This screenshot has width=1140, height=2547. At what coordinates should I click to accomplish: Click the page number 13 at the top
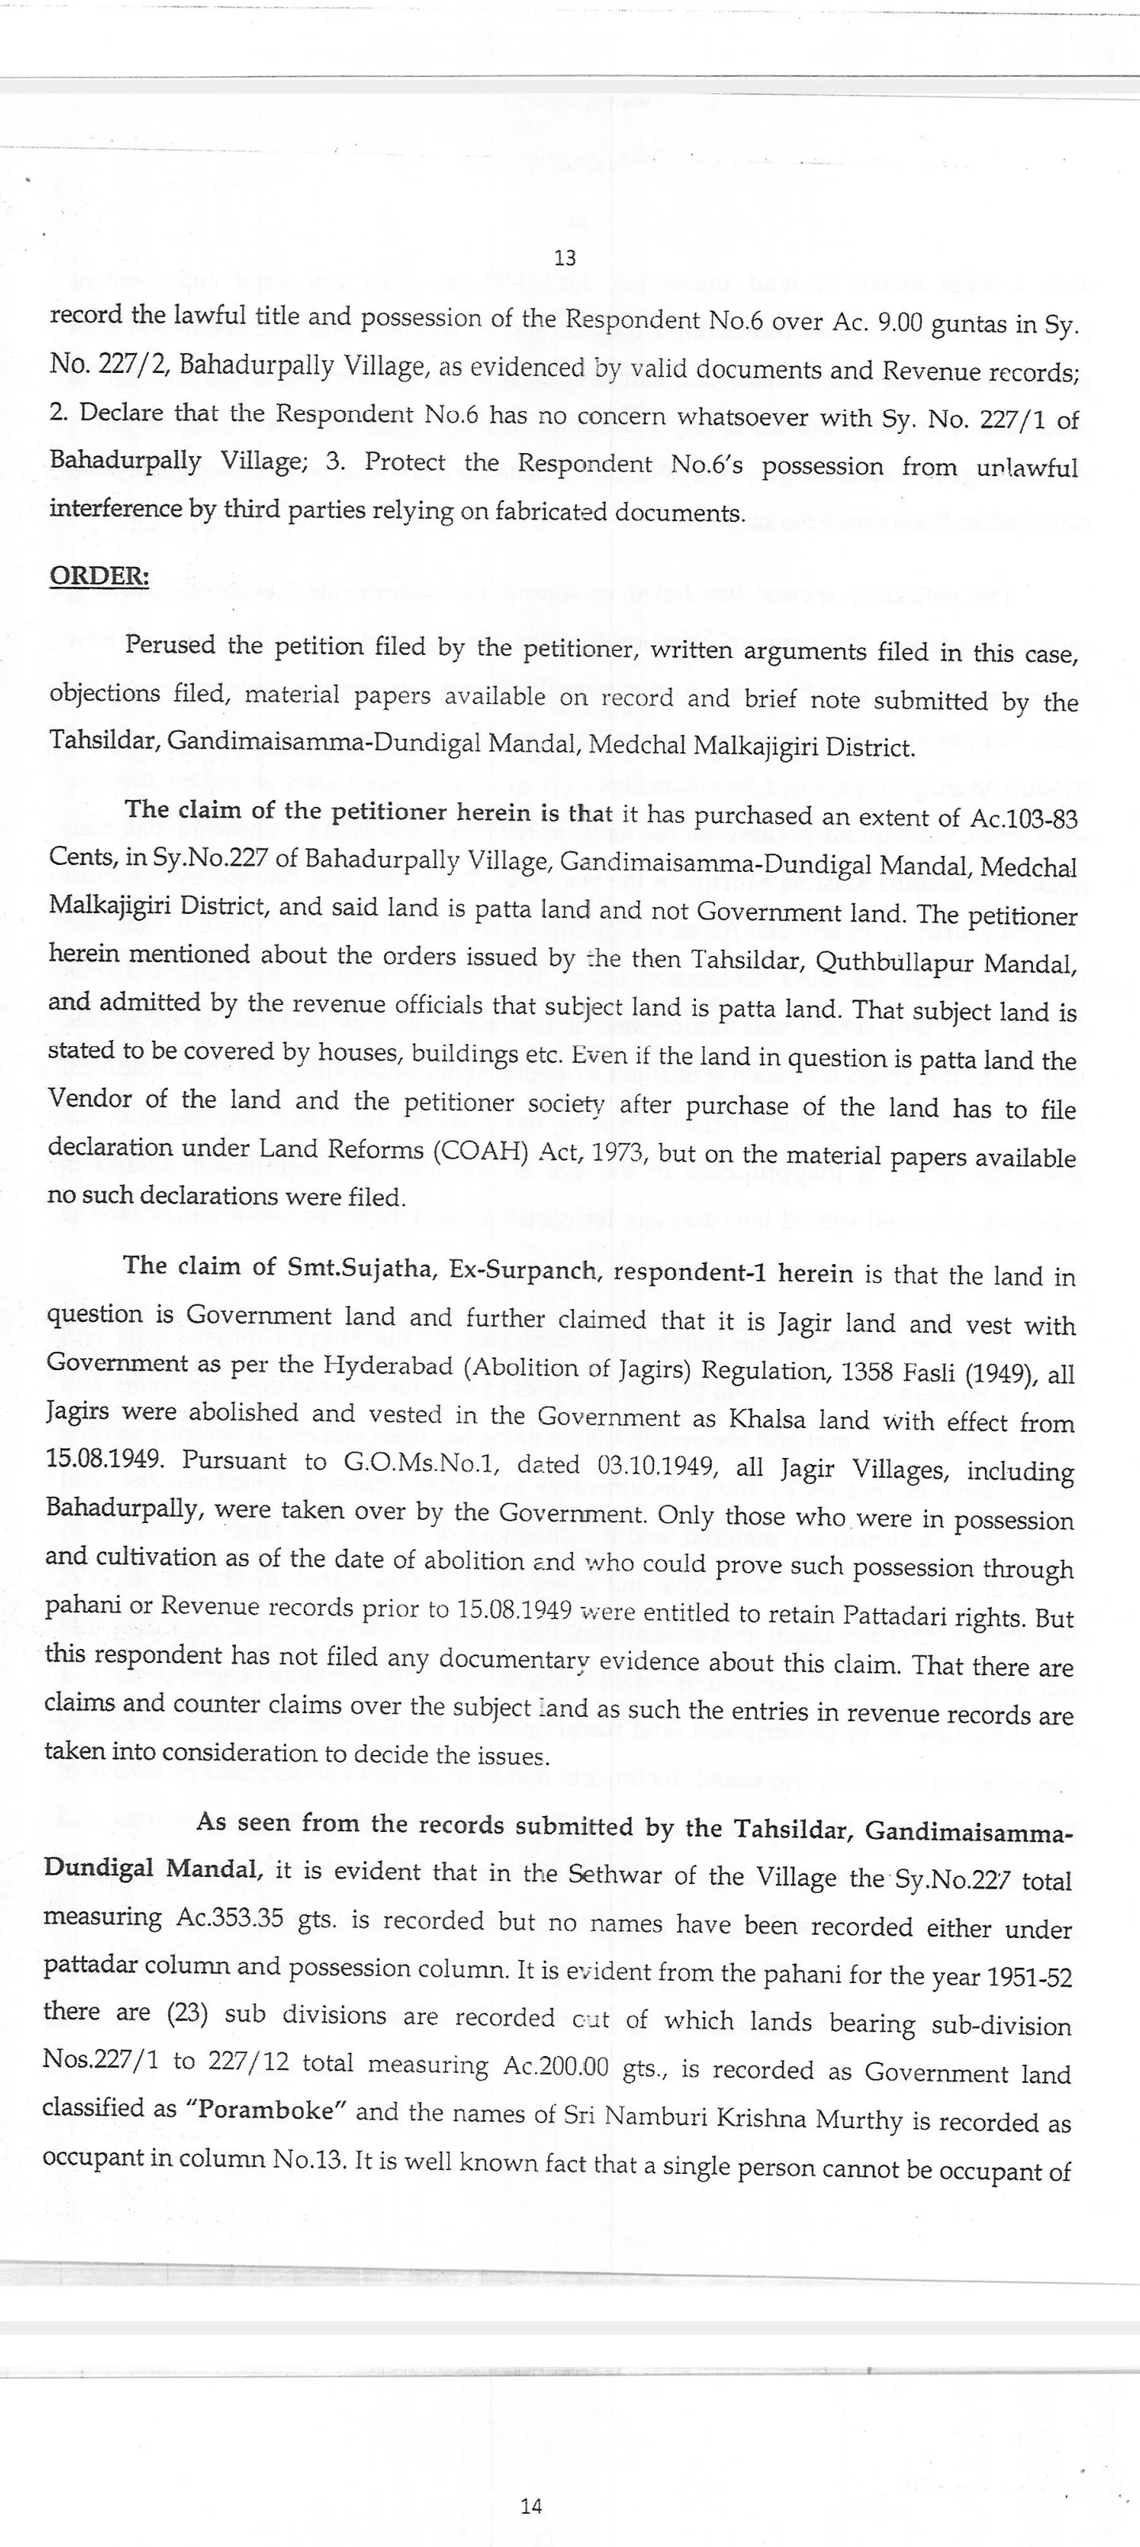[x=564, y=258]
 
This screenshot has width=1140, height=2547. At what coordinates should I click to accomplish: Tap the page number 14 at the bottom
[x=531, y=2506]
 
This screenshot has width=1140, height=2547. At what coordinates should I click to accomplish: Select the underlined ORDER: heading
[x=99, y=576]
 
